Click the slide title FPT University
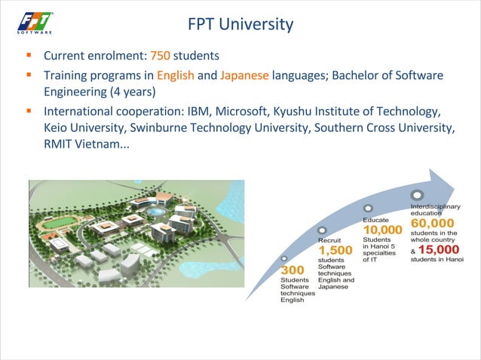coord(240,24)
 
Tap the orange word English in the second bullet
coord(175,75)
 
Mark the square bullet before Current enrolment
coord(28,56)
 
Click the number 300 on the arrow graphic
coord(292,270)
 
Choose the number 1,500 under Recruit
coord(335,250)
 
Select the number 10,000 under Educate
coord(382,230)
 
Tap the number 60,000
coord(433,223)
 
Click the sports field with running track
coord(54,224)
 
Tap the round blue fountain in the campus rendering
coord(156,212)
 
